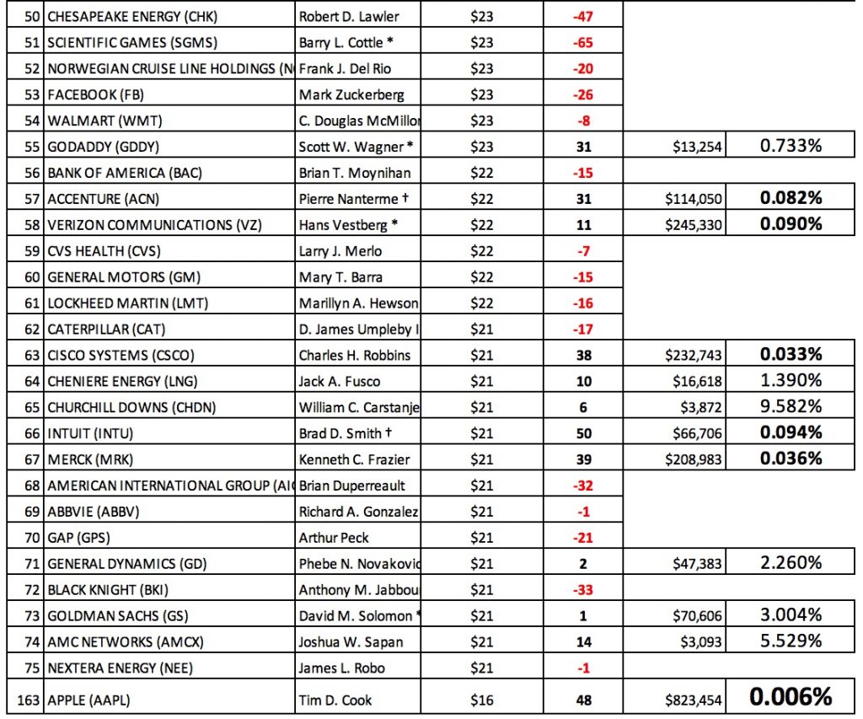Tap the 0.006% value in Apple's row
click(791, 697)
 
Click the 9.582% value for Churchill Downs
click(791, 407)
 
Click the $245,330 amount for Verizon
click(692, 225)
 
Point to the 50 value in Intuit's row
click(583, 433)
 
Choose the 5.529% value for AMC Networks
click(791, 641)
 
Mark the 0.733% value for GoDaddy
click(791, 147)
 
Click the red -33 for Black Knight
click(583, 590)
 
